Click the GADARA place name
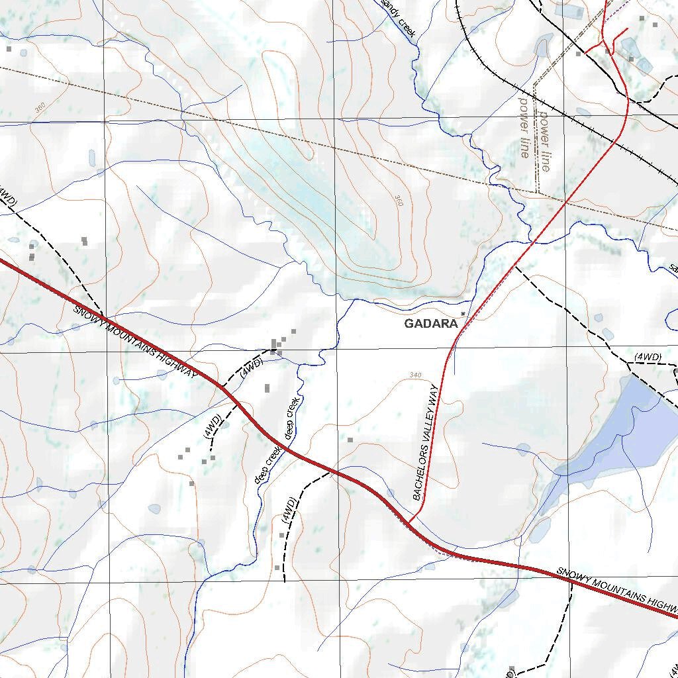(430, 324)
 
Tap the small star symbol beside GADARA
(463, 314)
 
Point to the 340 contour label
(415, 375)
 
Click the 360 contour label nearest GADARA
(398, 200)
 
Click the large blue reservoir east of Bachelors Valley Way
(616, 430)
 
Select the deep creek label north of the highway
(293, 418)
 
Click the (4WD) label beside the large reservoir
(647, 358)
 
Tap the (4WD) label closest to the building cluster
(252, 368)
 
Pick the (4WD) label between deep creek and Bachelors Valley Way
(289, 510)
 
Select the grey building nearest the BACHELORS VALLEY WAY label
(350, 439)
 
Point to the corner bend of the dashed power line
(534, 84)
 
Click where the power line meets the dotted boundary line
(538, 192)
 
